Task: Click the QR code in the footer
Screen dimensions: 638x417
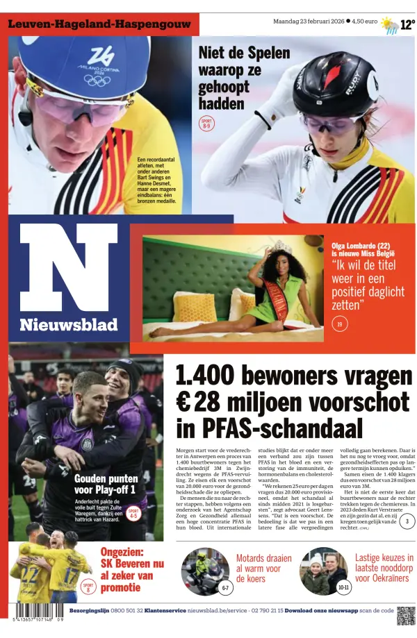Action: (407, 616)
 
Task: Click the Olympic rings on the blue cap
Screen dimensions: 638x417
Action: (97, 80)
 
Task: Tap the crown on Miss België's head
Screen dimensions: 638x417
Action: (281, 246)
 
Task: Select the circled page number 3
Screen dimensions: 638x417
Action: (408, 521)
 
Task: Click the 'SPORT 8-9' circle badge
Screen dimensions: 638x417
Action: (206, 124)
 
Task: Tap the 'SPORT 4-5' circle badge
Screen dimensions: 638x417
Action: (133, 514)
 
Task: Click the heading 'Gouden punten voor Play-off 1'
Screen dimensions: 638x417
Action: (106, 484)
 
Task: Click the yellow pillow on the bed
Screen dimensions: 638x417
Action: (195, 307)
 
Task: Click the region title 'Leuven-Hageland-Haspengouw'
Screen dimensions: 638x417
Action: (97, 24)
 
